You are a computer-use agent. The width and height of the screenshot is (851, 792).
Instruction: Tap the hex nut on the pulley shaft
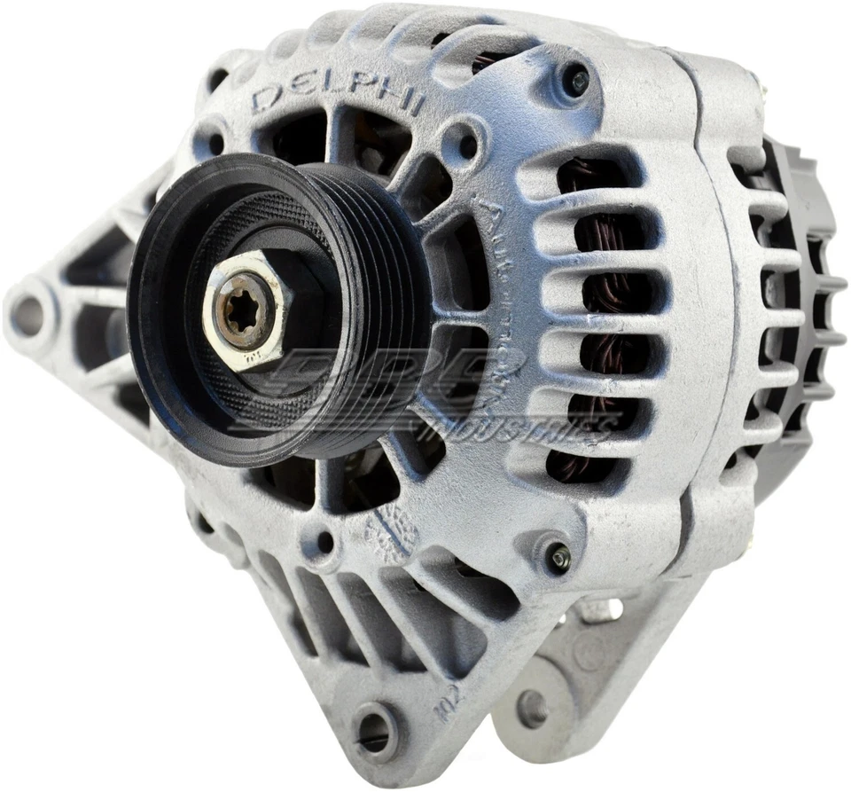(244, 310)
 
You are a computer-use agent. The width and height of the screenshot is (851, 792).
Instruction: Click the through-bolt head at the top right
(577, 82)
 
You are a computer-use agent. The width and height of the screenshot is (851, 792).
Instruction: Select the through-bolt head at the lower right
(558, 556)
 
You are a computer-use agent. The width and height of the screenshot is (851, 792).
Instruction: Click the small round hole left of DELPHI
(213, 142)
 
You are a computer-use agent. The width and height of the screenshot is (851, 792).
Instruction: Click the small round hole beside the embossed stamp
(325, 538)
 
